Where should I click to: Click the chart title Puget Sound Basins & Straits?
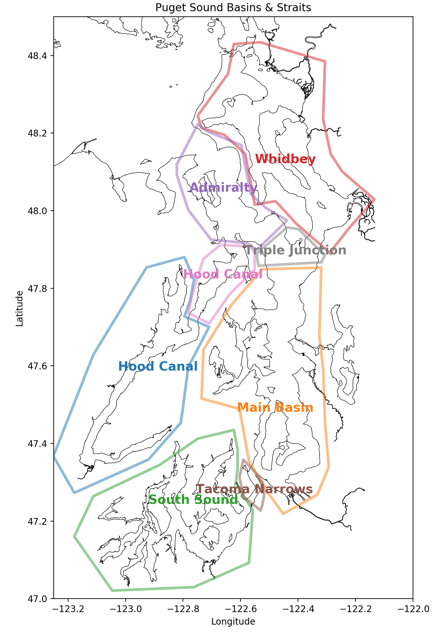(x=233, y=7)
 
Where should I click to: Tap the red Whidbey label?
(x=285, y=159)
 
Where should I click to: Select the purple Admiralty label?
(x=224, y=188)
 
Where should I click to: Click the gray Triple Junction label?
(x=296, y=250)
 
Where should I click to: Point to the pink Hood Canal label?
(x=223, y=274)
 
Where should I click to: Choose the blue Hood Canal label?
(x=158, y=366)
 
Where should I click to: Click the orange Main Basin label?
(x=275, y=408)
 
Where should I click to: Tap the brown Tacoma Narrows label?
(x=254, y=489)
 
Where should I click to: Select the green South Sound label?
(x=193, y=500)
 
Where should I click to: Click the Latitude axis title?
(x=20, y=308)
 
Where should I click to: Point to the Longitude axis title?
(x=233, y=622)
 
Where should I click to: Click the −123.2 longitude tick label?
(x=68, y=609)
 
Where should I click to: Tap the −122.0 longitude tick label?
(x=413, y=609)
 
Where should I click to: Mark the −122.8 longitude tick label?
(x=183, y=609)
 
